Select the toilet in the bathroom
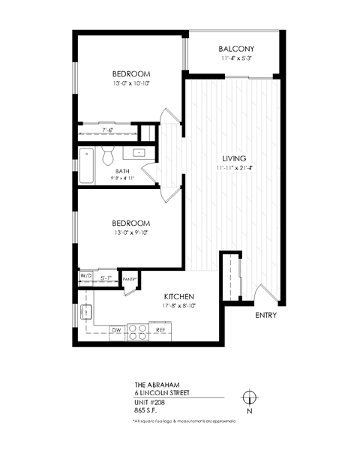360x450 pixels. pos(108,156)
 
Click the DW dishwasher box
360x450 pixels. pos(116,330)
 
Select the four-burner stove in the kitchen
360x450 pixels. pos(136,330)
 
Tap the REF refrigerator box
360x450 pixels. pos(160,330)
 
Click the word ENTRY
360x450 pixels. pos(265,316)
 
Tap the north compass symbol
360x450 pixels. pos(249,397)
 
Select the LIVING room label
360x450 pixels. pos(234,158)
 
